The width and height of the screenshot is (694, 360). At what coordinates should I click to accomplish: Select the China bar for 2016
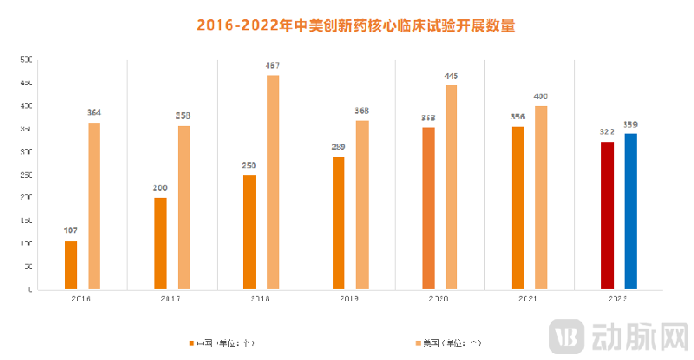click(x=71, y=265)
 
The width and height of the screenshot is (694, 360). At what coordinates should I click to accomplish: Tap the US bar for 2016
click(x=94, y=206)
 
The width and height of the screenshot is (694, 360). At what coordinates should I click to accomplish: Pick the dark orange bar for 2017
click(x=160, y=243)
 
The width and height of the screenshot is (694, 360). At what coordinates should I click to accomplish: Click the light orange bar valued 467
click(x=273, y=182)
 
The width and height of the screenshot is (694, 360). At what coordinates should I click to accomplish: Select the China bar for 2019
click(x=339, y=223)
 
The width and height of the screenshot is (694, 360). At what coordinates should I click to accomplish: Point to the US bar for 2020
click(x=451, y=187)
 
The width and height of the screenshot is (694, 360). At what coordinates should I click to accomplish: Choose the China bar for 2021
click(x=518, y=208)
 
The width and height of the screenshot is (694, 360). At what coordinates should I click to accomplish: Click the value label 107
click(x=71, y=231)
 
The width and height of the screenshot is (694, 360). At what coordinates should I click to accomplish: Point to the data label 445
click(x=451, y=76)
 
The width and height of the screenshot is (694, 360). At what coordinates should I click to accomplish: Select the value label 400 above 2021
click(x=541, y=96)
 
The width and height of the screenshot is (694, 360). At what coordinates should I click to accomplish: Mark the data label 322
click(x=607, y=133)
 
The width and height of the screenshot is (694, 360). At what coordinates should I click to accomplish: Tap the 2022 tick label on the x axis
click(x=618, y=298)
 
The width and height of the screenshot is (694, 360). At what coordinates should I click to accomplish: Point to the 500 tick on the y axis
click(x=26, y=60)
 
